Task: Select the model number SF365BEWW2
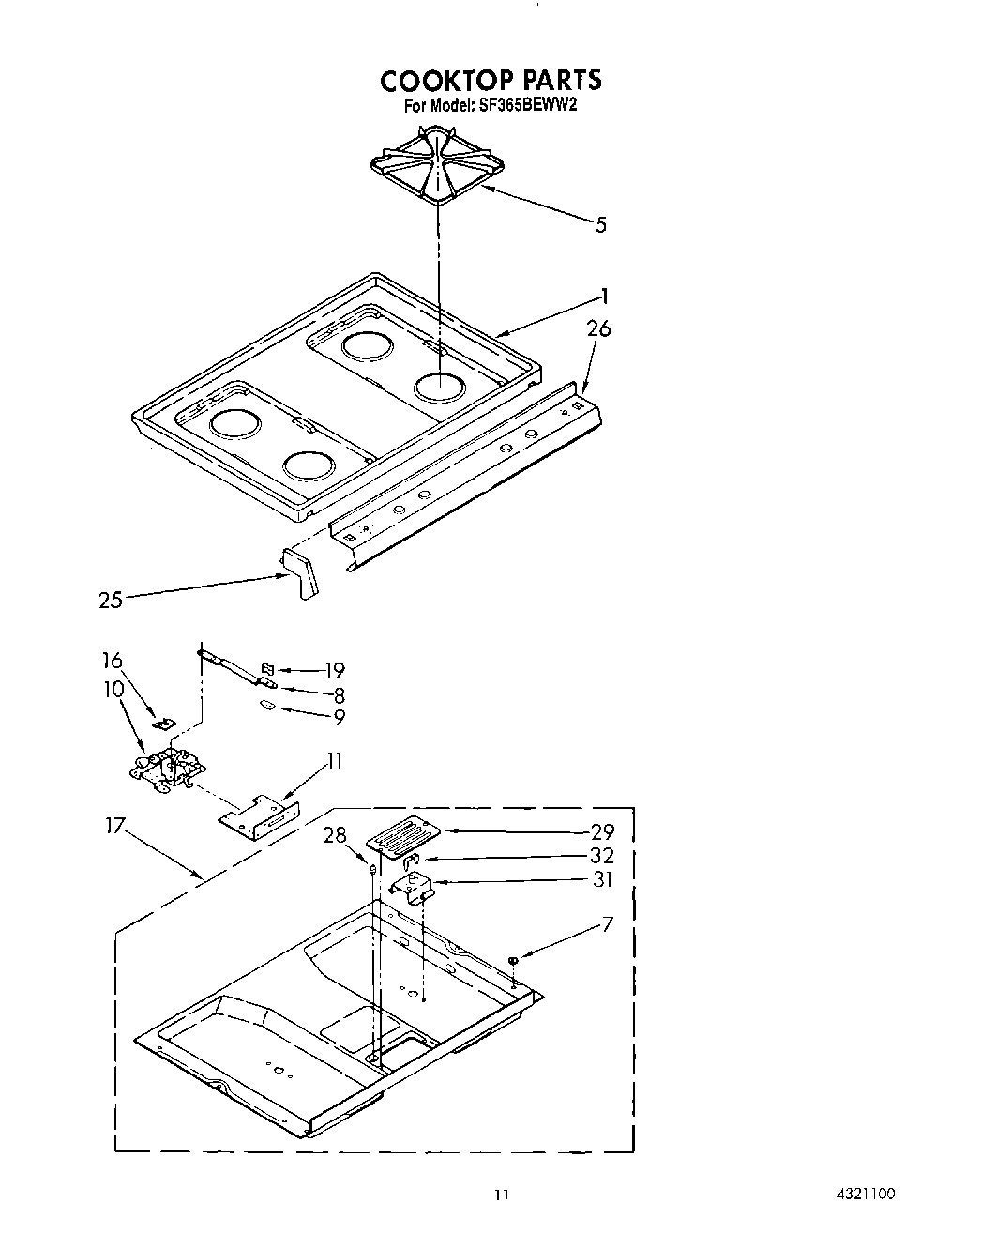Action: (x=524, y=106)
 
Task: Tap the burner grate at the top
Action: (x=439, y=167)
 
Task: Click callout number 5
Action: (x=601, y=224)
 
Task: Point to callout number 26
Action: (x=598, y=329)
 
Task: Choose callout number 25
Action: (x=111, y=599)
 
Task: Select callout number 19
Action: (x=334, y=670)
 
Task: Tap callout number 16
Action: (x=113, y=661)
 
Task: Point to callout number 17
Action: (x=115, y=827)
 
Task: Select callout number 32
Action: (x=601, y=856)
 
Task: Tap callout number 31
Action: (x=601, y=879)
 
